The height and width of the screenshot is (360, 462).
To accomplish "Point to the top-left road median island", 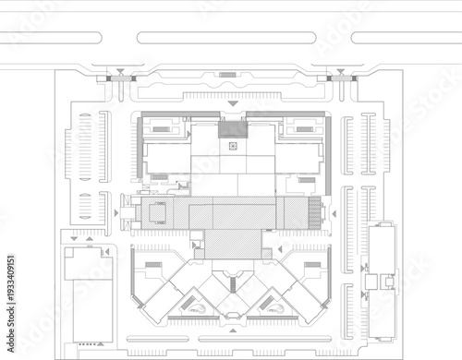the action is click(51, 38).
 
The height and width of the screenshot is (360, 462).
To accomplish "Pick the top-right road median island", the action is click(407, 38).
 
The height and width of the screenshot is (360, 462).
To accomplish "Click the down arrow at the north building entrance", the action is click(233, 104).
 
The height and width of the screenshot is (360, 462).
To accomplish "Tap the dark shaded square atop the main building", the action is click(233, 129).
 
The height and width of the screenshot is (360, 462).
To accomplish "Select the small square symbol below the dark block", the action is click(233, 145).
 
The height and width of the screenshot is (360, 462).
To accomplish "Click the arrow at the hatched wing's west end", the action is click(115, 212).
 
